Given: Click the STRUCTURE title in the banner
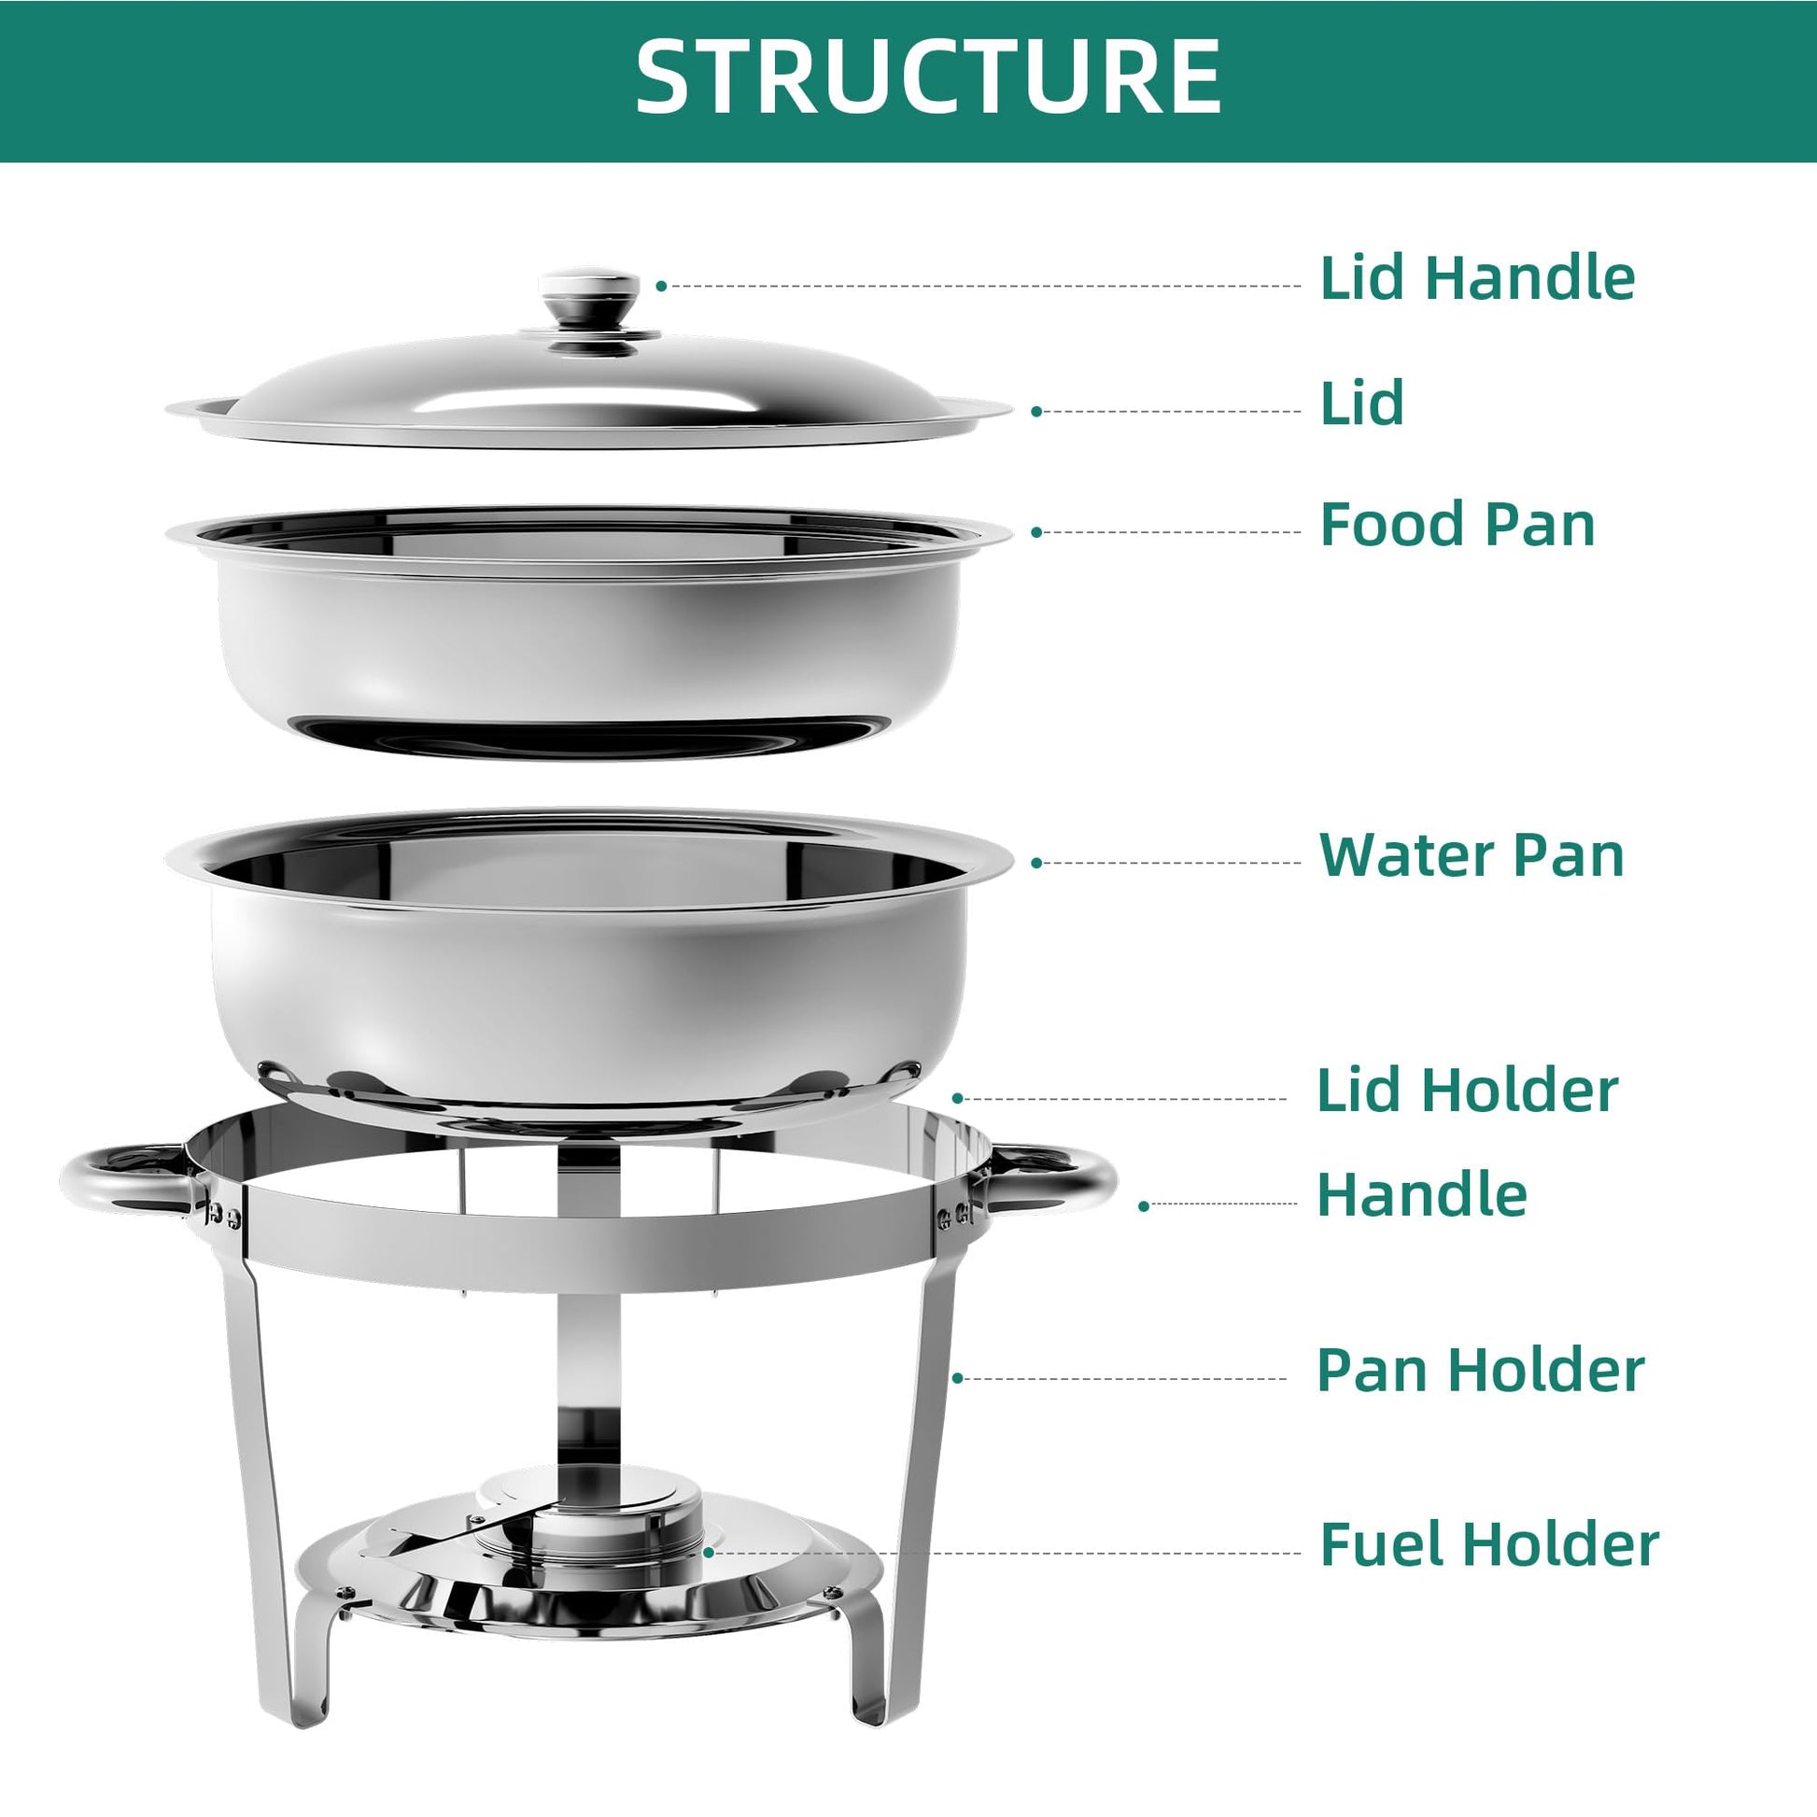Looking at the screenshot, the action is (928, 78).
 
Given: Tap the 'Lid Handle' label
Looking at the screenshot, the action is (1477, 277).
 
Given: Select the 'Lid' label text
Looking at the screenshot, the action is (1361, 402).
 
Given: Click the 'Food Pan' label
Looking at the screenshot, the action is (1458, 524).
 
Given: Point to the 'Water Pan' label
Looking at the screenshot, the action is (1472, 855).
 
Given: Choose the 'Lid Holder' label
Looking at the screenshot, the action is (1467, 1090).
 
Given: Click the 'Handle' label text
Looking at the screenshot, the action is (1422, 1194).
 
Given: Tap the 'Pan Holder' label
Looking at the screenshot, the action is (1480, 1370).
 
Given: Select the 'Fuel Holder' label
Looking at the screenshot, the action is (1489, 1544).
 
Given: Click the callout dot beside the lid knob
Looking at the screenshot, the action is (661, 286).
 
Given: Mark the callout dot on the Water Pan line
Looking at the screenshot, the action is (1036, 863).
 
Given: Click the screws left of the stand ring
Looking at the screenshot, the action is (223, 1215).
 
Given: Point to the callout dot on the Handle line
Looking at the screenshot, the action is (1144, 1204).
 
